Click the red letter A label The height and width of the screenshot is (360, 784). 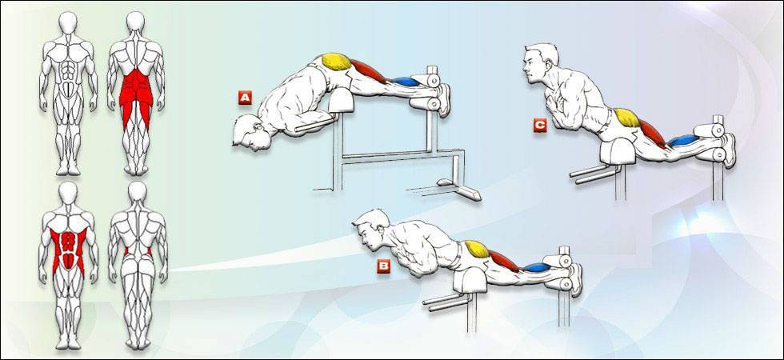click(245, 98)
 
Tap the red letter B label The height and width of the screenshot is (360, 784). click(383, 266)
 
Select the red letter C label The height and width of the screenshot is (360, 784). click(539, 125)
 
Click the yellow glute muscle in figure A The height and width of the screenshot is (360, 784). click(336, 61)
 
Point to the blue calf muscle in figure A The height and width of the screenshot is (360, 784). click(406, 81)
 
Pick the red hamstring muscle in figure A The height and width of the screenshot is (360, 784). click(369, 71)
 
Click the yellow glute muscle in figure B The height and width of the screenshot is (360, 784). click(477, 248)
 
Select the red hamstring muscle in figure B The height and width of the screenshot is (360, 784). click(505, 261)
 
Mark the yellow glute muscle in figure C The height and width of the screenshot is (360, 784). click(627, 118)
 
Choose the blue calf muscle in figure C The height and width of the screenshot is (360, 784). click(683, 140)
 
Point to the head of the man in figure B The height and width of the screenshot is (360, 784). click(370, 230)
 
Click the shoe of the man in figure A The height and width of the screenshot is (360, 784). click(443, 100)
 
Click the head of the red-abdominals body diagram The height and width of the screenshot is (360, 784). click(68, 193)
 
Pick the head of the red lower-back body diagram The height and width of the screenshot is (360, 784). click(135, 22)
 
